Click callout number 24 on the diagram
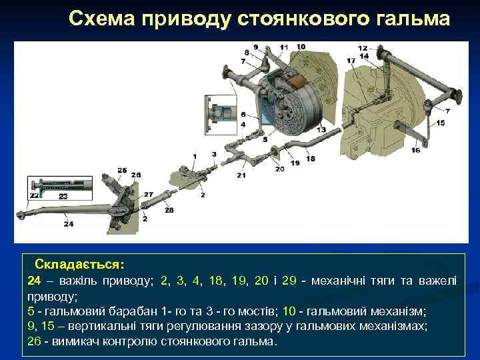69,224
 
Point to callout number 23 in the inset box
63,197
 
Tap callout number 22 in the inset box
34,196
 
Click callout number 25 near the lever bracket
121,171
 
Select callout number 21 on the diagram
241,175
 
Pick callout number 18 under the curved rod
311,159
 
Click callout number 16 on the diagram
416,151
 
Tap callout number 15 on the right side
440,123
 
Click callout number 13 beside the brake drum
321,129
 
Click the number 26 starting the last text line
35,341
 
